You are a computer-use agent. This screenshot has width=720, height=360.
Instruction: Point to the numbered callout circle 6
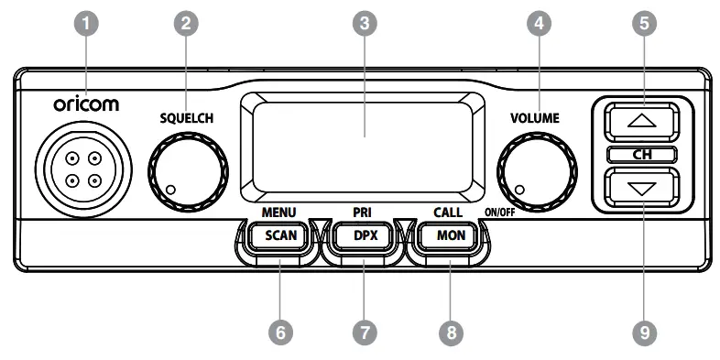tap(279, 332)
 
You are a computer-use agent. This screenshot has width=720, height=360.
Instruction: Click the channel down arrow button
tap(642, 188)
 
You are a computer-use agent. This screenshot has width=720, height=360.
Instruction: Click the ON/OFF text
tap(500, 213)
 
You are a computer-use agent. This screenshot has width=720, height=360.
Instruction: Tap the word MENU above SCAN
tap(278, 213)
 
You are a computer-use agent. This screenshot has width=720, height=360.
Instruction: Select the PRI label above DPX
tap(362, 213)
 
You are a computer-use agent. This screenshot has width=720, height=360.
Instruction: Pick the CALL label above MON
tap(448, 213)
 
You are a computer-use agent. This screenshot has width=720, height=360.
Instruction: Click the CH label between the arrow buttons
tap(642, 154)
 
